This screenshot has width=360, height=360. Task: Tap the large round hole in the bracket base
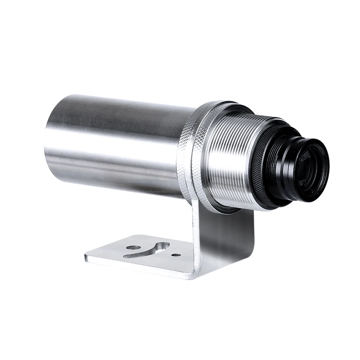pos(132,247)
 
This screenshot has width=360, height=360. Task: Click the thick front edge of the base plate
pos(135,266)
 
